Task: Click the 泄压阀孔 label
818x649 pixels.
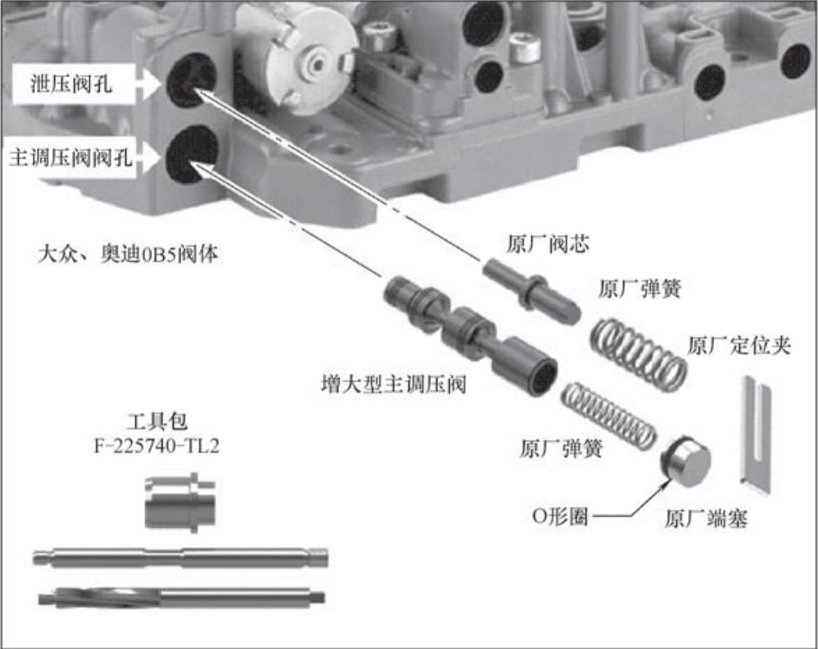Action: [x=71, y=84]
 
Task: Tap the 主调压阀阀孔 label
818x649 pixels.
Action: [x=71, y=156]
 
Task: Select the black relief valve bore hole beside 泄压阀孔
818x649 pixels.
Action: [x=192, y=79]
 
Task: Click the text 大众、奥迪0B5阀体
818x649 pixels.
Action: [x=128, y=254]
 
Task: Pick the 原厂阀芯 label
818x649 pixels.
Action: [x=547, y=244]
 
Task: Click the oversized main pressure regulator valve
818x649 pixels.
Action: [x=469, y=336]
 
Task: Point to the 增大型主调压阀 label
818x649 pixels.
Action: [x=393, y=385]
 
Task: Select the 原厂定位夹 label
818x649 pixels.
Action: [x=739, y=346]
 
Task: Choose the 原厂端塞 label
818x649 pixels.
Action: [x=706, y=519]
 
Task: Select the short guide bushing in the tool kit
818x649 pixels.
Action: [x=180, y=501]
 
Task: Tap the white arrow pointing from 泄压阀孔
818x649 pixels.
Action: [x=150, y=84]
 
